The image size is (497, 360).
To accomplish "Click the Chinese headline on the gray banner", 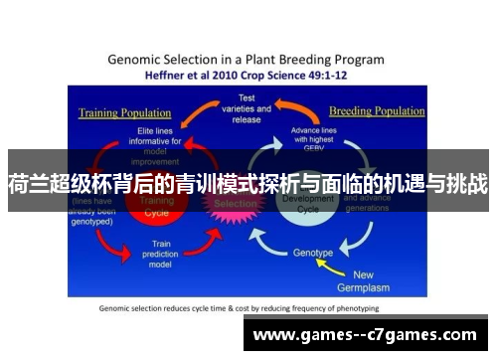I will [x=248, y=183].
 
